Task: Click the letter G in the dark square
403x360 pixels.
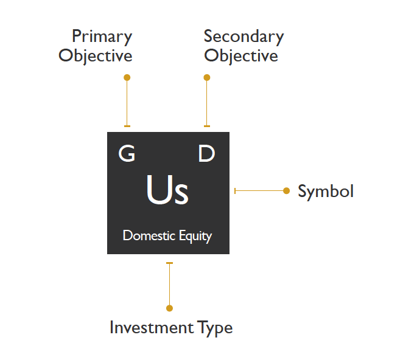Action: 127,154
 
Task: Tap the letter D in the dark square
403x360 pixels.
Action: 207,154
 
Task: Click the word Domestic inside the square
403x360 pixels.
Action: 149,235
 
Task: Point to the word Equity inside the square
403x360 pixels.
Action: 195,236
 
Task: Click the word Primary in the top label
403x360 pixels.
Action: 102,36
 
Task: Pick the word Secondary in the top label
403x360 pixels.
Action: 244,36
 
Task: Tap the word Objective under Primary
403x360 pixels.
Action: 96,56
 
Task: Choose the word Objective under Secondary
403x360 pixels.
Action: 241,56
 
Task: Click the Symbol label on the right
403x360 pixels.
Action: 326,191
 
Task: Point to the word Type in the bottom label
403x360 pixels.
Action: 215,328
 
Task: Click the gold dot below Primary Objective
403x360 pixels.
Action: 127,77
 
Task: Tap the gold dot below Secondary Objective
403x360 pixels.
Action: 207,77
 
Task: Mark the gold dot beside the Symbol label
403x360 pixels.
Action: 287,191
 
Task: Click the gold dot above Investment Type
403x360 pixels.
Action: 170,308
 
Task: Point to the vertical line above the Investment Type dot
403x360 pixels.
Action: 170,285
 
